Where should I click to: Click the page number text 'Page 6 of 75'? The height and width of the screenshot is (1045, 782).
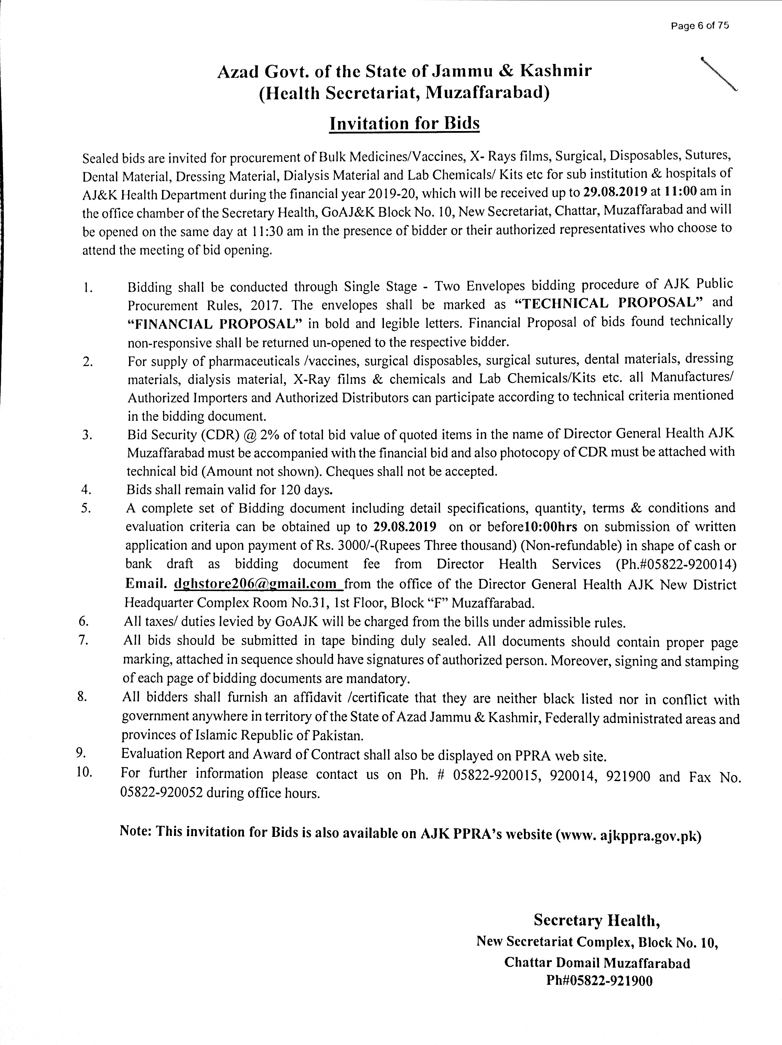(x=700, y=26)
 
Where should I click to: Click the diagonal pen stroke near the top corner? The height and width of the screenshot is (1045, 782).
(x=719, y=73)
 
